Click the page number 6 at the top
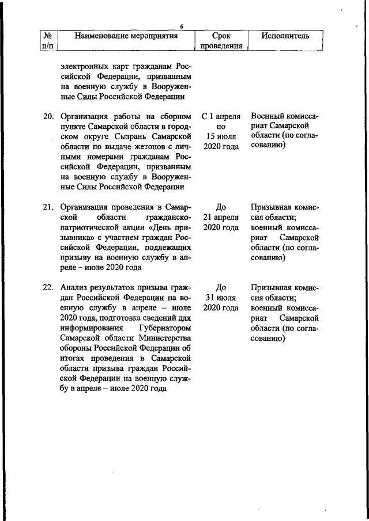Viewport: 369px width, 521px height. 181,26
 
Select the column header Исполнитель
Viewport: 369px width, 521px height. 285,36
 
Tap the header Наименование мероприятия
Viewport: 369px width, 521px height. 126,36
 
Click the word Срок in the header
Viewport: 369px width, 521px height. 220,36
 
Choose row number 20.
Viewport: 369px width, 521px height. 48,116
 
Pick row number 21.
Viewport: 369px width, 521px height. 48,207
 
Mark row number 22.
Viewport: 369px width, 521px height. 48,287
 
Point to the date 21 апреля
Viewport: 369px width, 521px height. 220,217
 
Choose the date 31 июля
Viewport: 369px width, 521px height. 220,298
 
